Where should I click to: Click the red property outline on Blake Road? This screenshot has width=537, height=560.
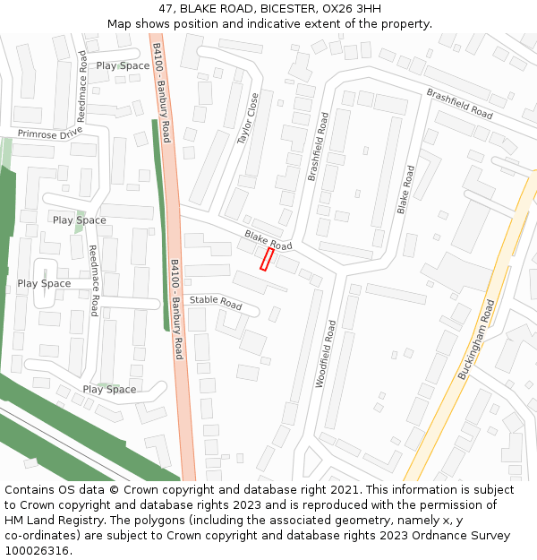(x=266, y=259)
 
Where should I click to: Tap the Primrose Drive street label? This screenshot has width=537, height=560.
(x=49, y=134)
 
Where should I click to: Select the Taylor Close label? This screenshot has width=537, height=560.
(x=248, y=118)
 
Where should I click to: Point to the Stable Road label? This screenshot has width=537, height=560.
(x=216, y=303)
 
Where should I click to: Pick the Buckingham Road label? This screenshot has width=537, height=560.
(x=476, y=340)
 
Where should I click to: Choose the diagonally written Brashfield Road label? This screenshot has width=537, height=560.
(x=459, y=104)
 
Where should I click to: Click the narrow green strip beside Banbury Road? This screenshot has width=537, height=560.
(x=161, y=224)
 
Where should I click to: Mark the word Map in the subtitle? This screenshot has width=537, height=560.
(x=120, y=23)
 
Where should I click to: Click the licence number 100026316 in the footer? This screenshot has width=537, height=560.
(x=38, y=551)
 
